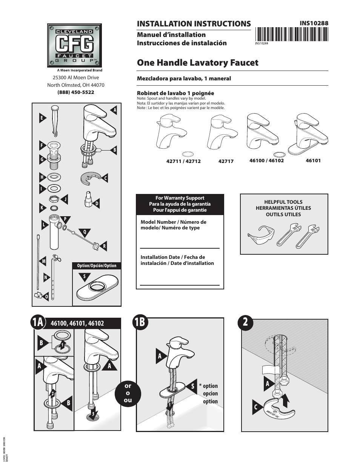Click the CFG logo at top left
click(x=74, y=45)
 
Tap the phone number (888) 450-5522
click(x=76, y=92)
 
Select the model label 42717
click(x=226, y=161)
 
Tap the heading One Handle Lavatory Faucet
click(x=197, y=63)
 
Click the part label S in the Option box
click(x=84, y=277)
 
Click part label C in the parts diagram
click(x=106, y=178)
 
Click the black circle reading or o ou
click(x=128, y=393)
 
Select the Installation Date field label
click(x=177, y=260)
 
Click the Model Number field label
click(x=173, y=225)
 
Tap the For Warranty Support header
click(x=180, y=204)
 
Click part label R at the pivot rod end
click(x=105, y=246)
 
